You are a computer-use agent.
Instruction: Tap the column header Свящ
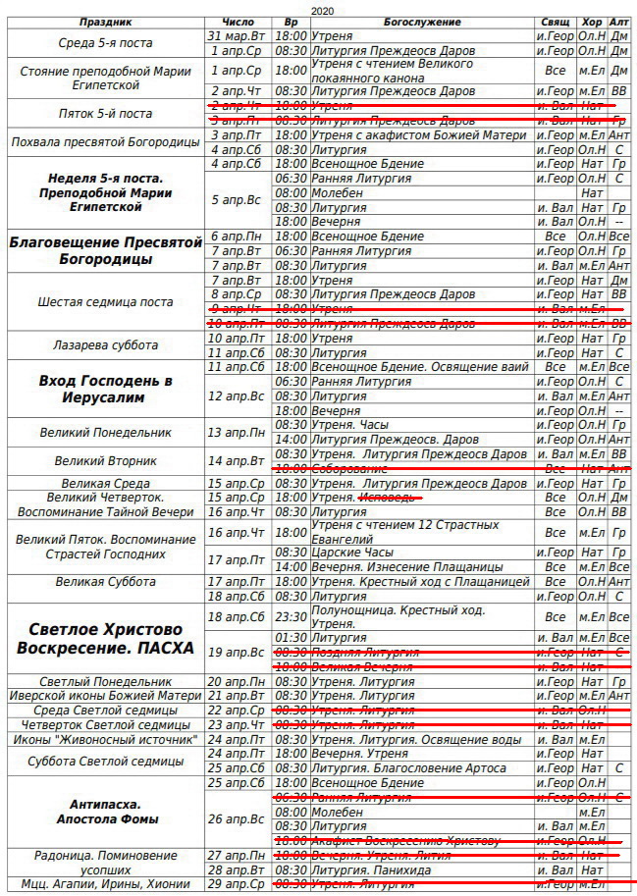click(555, 22)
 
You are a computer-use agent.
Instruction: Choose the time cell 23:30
click(291, 617)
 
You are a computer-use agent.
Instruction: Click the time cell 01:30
click(291, 638)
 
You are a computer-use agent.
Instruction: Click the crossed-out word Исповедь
click(391, 498)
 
